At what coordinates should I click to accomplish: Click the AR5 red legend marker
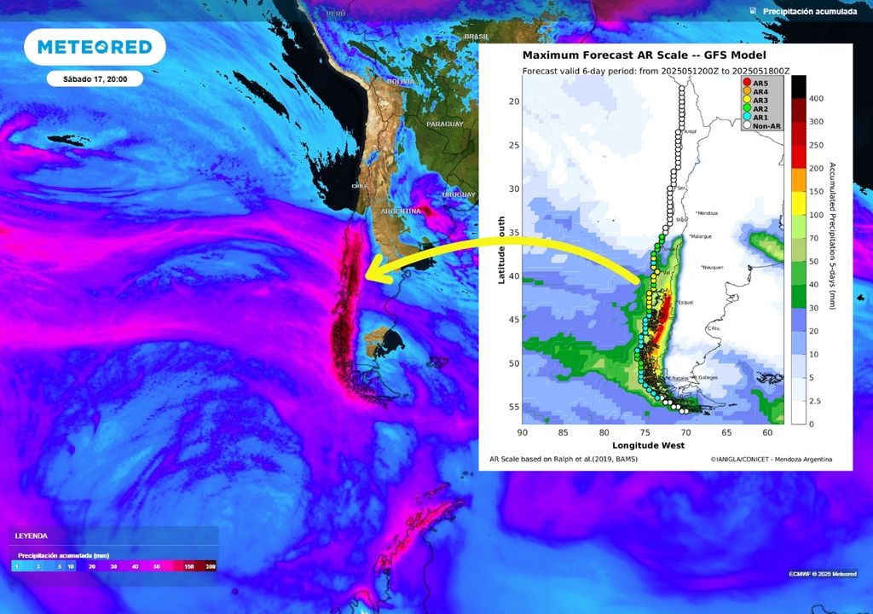pos(746,82)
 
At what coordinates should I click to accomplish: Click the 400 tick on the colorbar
pos(816,99)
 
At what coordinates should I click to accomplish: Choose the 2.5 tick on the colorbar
pos(817,401)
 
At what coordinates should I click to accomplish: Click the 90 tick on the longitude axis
pos(523,432)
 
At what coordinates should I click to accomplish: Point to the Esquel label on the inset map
pos(686,303)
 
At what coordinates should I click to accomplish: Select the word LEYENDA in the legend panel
pos(30,536)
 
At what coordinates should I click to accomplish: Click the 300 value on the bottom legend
pos(211,566)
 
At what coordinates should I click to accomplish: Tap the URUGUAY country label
pos(459,195)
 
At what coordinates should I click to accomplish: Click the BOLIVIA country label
pos(401,81)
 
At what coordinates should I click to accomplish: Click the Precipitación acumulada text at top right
pos(809,12)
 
